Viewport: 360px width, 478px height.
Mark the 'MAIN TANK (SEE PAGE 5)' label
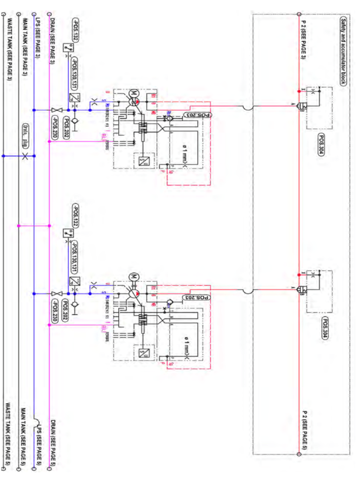pyautogui.click(x=23, y=432)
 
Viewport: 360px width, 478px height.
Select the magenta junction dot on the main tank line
pyautogui.click(x=19, y=226)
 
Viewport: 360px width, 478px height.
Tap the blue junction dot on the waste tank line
pyautogui.click(x=3, y=155)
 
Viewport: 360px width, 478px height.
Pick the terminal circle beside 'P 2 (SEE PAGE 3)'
pyautogui.click(x=298, y=14)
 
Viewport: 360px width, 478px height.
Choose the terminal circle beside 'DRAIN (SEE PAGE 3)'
pyautogui.click(x=49, y=14)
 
